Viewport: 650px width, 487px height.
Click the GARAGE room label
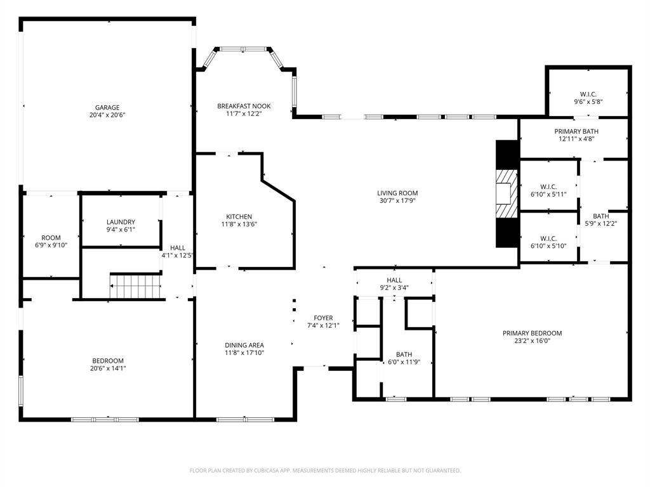point(107,108)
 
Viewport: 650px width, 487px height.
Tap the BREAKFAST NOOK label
point(244,107)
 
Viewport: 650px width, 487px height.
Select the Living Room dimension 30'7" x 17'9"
point(398,201)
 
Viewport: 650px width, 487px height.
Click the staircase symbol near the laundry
point(135,286)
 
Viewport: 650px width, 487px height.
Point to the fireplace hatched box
point(507,193)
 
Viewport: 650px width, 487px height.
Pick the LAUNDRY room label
point(121,222)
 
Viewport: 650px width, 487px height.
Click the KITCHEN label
point(239,216)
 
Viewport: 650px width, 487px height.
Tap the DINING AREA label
point(244,345)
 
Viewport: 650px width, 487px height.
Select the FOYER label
point(323,318)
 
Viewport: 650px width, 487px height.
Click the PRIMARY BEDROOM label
point(532,333)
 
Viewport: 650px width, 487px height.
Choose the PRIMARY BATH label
point(578,131)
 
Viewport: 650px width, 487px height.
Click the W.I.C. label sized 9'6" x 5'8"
point(588,94)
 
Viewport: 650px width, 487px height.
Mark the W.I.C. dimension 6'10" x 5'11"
point(548,194)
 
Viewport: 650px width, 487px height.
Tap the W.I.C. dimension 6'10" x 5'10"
point(548,246)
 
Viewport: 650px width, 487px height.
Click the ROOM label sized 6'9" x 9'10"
point(51,238)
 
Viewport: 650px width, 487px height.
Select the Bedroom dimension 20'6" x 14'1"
point(107,368)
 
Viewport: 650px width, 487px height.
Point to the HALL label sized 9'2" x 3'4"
point(394,280)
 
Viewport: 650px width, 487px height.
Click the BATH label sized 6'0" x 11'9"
point(404,355)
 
